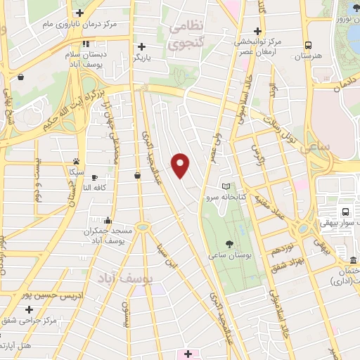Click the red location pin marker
coord(181,165)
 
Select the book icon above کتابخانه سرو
coord(226,186)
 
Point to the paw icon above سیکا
coord(76,161)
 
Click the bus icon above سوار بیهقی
coord(345,212)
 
